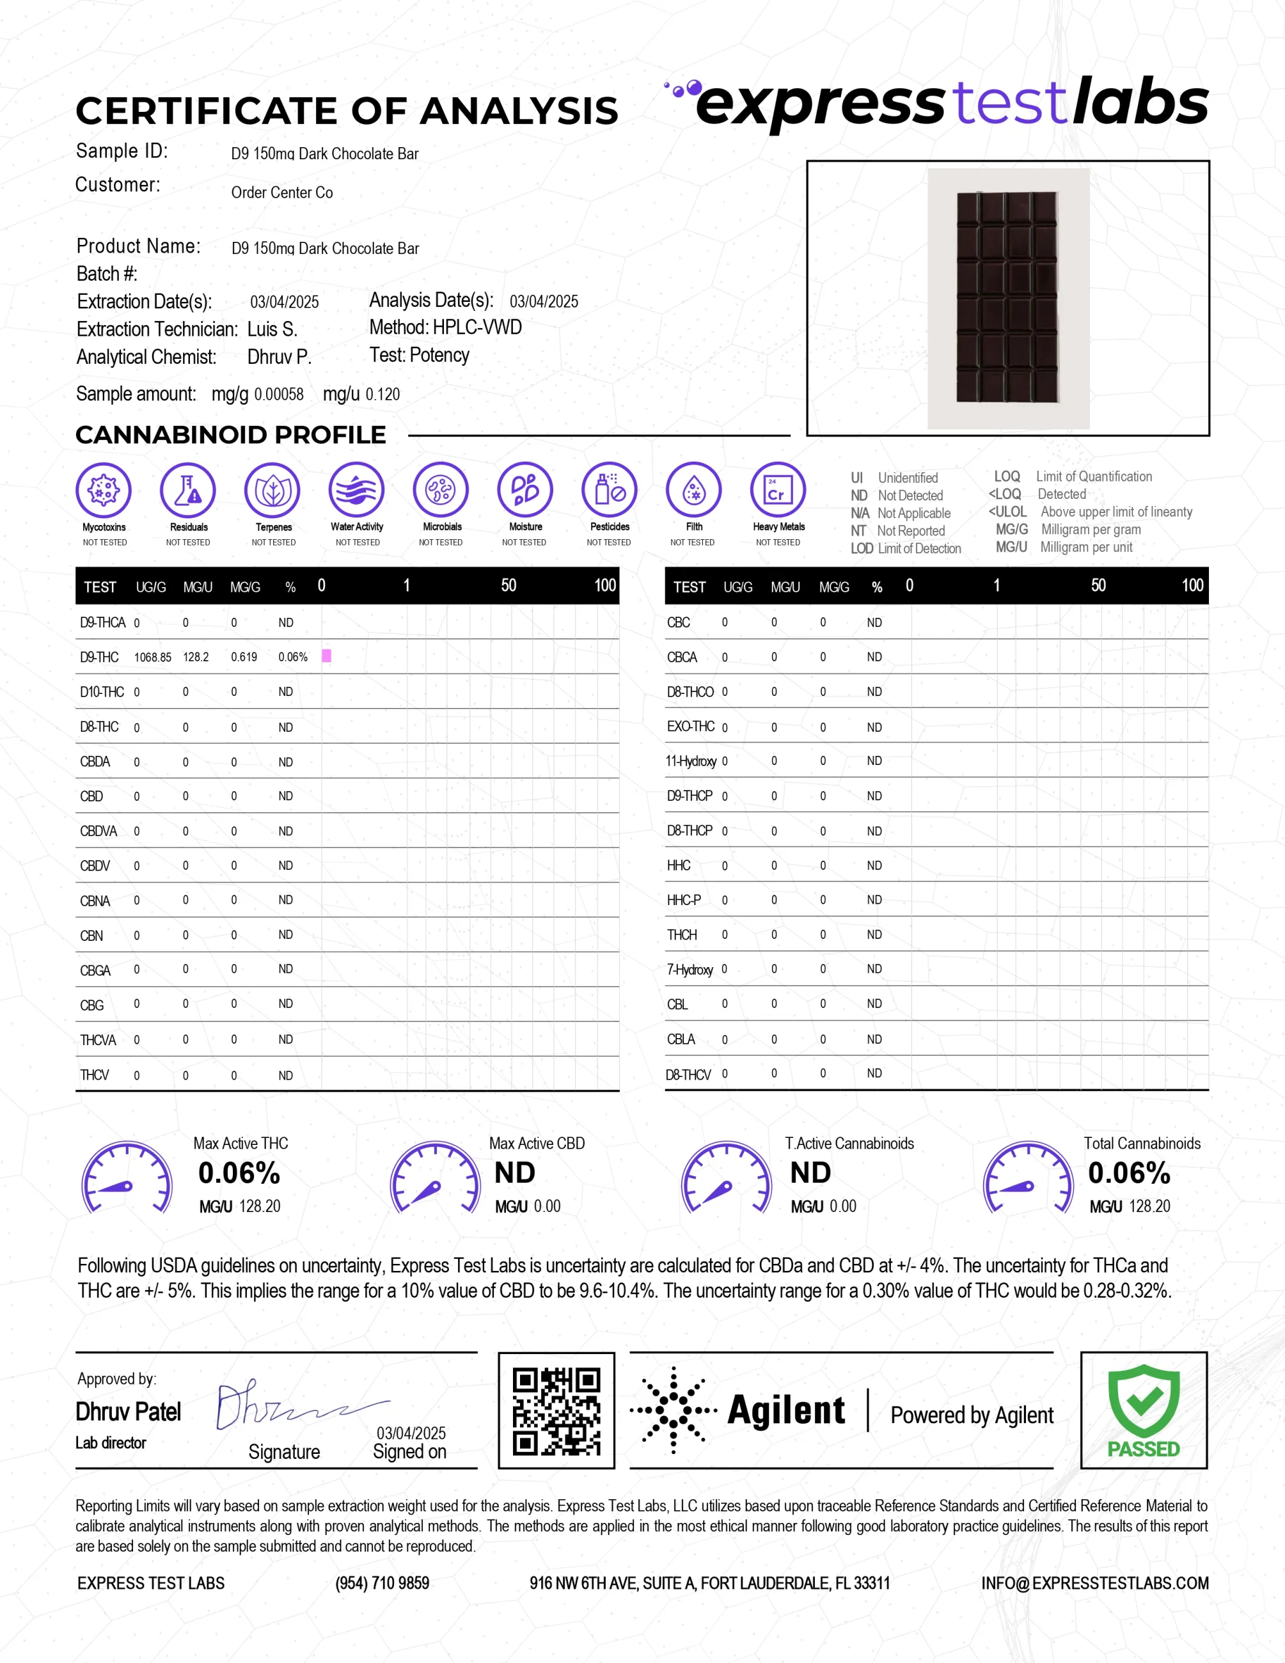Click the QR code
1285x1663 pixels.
pyautogui.click(x=556, y=1410)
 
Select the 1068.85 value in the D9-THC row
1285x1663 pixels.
pyautogui.click(x=152, y=657)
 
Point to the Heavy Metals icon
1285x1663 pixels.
pyautogui.click(x=777, y=489)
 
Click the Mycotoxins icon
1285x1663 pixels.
pyautogui.click(x=104, y=489)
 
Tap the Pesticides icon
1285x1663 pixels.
pyautogui.click(x=609, y=489)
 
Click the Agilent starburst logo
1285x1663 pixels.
pyautogui.click(x=673, y=1410)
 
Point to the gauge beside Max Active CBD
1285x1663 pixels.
pyautogui.click(x=435, y=1177)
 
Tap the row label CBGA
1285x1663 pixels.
pyautogui.click(x=95, y=970)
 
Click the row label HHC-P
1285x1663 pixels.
pyautogui.click(x=684, y=900)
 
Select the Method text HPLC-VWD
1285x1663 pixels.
pyautogui.click(x=477, y=327)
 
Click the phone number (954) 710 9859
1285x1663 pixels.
pyautogui.click(x=382, y=1583)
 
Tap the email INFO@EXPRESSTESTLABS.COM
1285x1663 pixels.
pyautogui.click(x=1094, y=1583)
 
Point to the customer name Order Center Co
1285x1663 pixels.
pyautogui.click(x=281, y=193)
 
